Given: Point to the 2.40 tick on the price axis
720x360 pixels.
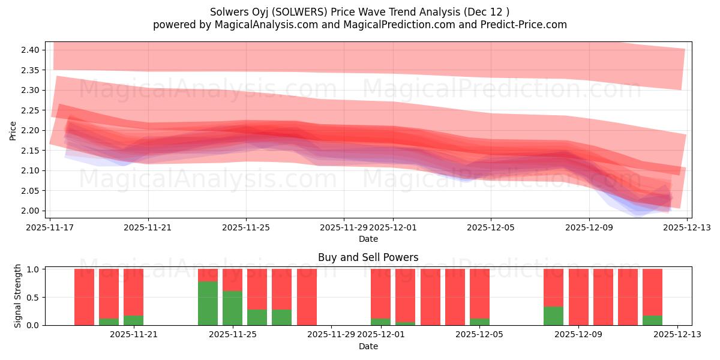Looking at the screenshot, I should pyautogui.click(x=30, y=50).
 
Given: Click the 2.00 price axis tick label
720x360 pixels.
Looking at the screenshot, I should pyautogui.click(x=30, y=211).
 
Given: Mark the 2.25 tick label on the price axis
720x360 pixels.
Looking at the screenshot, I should pyautogui.click(x=30, y=110).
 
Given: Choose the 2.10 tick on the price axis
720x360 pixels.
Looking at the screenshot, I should pyautogui.click(x=30, y=170).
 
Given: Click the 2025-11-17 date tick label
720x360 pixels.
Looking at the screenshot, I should pyautogui.click(x=51, y=227).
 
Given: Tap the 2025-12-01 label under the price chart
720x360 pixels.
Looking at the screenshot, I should pyautogui.click(x=393, y=227).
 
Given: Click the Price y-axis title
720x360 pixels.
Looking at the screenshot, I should pyautogui.click(x=13, y=130).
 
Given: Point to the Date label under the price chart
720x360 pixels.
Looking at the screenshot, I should pyautogui.click(x=368, y=239).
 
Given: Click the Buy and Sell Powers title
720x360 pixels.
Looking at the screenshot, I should pyautogui.click(x=368, y=257).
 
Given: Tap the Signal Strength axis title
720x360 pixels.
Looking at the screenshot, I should pyautogui.click(x=18, y=296).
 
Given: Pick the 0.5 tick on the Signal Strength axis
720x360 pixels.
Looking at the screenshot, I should pyautogui.click(x=33, y=297).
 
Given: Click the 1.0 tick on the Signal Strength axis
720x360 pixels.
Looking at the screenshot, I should pyautogui.click(x=33, y=269).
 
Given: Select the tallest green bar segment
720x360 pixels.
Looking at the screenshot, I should pyautogui.click(x=208, y=303).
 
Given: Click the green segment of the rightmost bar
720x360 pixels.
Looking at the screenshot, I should pyautogui.click(x=652, y=320).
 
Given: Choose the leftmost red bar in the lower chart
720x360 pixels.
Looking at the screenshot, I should pyautogui.click(x=84, y=297).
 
